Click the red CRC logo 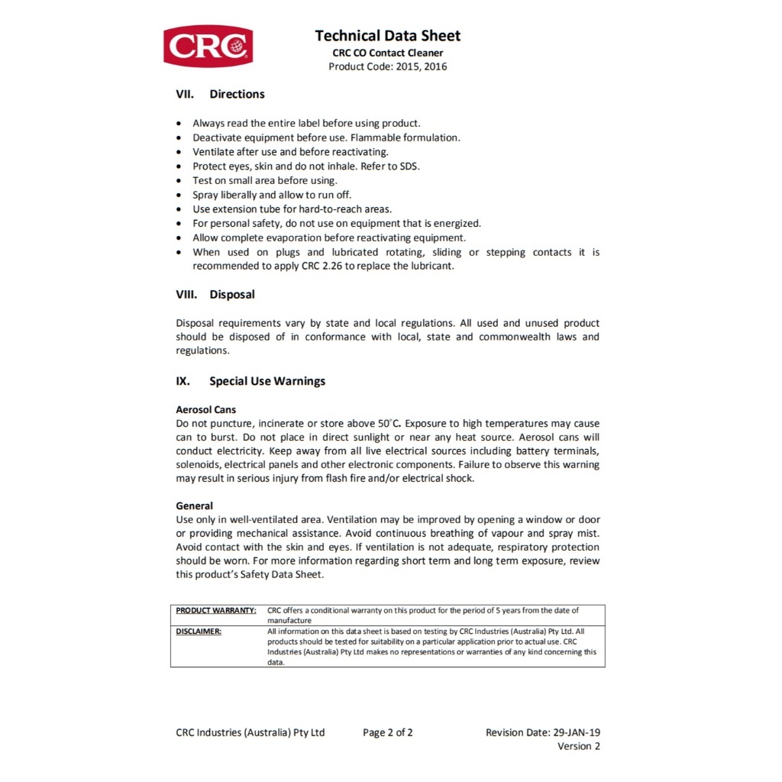[208, 46]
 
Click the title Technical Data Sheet [387, 36]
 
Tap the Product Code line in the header [387, 66]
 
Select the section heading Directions [237, 94]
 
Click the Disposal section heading [232, 294]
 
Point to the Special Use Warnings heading [267, 381]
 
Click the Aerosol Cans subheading [206, 409]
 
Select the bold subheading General [195, 506]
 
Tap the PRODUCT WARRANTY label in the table [216, 610]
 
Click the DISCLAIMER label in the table [199, 632]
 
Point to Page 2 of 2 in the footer [387, 732]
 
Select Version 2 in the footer [578, 746]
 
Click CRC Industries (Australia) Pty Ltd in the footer [250, 732]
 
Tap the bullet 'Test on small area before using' [264, 180]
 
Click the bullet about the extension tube [292, 208]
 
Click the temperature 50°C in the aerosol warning [390, 423]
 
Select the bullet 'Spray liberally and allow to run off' [272, 195]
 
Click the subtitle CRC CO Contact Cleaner [387, 53]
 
